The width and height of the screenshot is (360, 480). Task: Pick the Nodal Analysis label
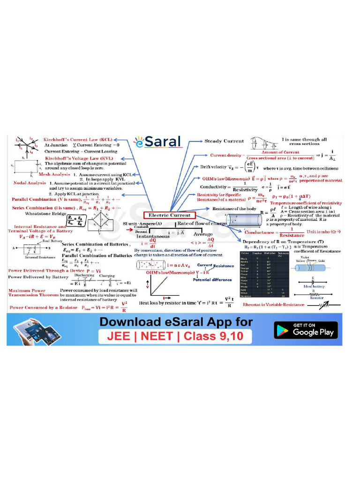click(30, 183)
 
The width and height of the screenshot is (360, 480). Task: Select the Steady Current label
click(224, 141)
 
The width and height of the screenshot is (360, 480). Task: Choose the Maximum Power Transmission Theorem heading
click(32, 293)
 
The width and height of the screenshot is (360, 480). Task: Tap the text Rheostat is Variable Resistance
click(279, 304)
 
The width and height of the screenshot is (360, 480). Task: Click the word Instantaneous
click(153, 238)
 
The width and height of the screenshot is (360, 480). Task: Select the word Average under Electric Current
click(203, 234)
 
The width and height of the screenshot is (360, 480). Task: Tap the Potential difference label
click(212, 279)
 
